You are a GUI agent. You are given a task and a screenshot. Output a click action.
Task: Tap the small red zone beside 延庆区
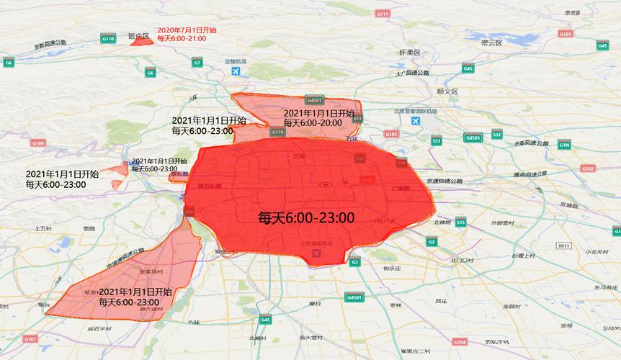click(143, 41)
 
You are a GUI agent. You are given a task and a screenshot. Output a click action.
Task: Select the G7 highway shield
click(197, 63)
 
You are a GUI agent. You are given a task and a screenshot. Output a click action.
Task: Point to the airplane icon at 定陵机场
click(236, 72)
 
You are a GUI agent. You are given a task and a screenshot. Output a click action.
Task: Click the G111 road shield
click(383, 14)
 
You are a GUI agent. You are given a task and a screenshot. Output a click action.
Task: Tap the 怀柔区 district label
click(409, 53)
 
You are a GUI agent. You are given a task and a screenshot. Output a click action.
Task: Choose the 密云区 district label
click(491, 42)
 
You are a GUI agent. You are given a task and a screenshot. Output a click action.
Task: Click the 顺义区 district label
click(447, 91)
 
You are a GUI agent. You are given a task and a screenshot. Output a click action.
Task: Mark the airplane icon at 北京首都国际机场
click(416, 121)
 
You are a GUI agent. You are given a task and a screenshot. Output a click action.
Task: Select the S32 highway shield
click(496, 135)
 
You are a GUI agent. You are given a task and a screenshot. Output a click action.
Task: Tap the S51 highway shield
click(437, 141)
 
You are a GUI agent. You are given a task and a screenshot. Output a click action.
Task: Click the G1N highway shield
click(564, 145)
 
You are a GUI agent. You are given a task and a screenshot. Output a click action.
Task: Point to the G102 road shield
click(587, 168)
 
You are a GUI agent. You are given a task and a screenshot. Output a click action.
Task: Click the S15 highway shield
click(460, 223)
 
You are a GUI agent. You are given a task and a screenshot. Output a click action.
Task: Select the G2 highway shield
click(431, 242)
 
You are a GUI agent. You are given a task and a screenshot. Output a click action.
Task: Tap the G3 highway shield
click(354, 263)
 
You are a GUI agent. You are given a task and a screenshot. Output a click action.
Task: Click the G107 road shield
click(30, 338)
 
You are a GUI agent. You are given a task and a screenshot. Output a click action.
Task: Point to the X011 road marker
click(563, 246)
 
